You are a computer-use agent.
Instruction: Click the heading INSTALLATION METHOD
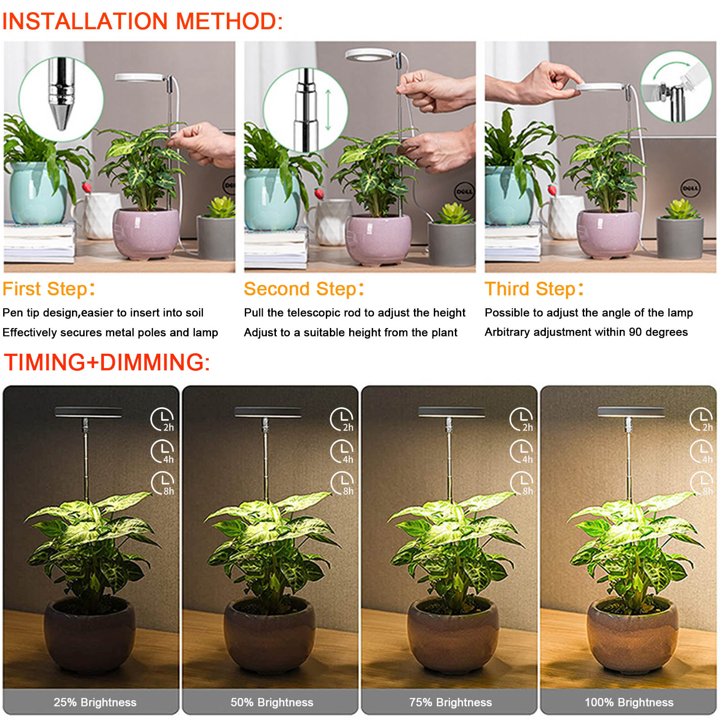(143, 21)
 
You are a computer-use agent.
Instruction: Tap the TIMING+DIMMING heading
(107, 362)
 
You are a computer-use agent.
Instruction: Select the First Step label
(49, 289)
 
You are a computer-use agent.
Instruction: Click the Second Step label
(304, 289)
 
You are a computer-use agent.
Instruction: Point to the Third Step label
(534, 289)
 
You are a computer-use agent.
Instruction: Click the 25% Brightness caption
(95, 702)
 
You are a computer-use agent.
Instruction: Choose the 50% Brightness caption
(272, 702)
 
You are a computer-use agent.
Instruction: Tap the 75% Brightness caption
(450, 702)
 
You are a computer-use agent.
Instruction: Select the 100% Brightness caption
(629, 702)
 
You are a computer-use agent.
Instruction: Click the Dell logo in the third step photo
(690, 188)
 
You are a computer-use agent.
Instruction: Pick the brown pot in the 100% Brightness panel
(632, 636)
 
